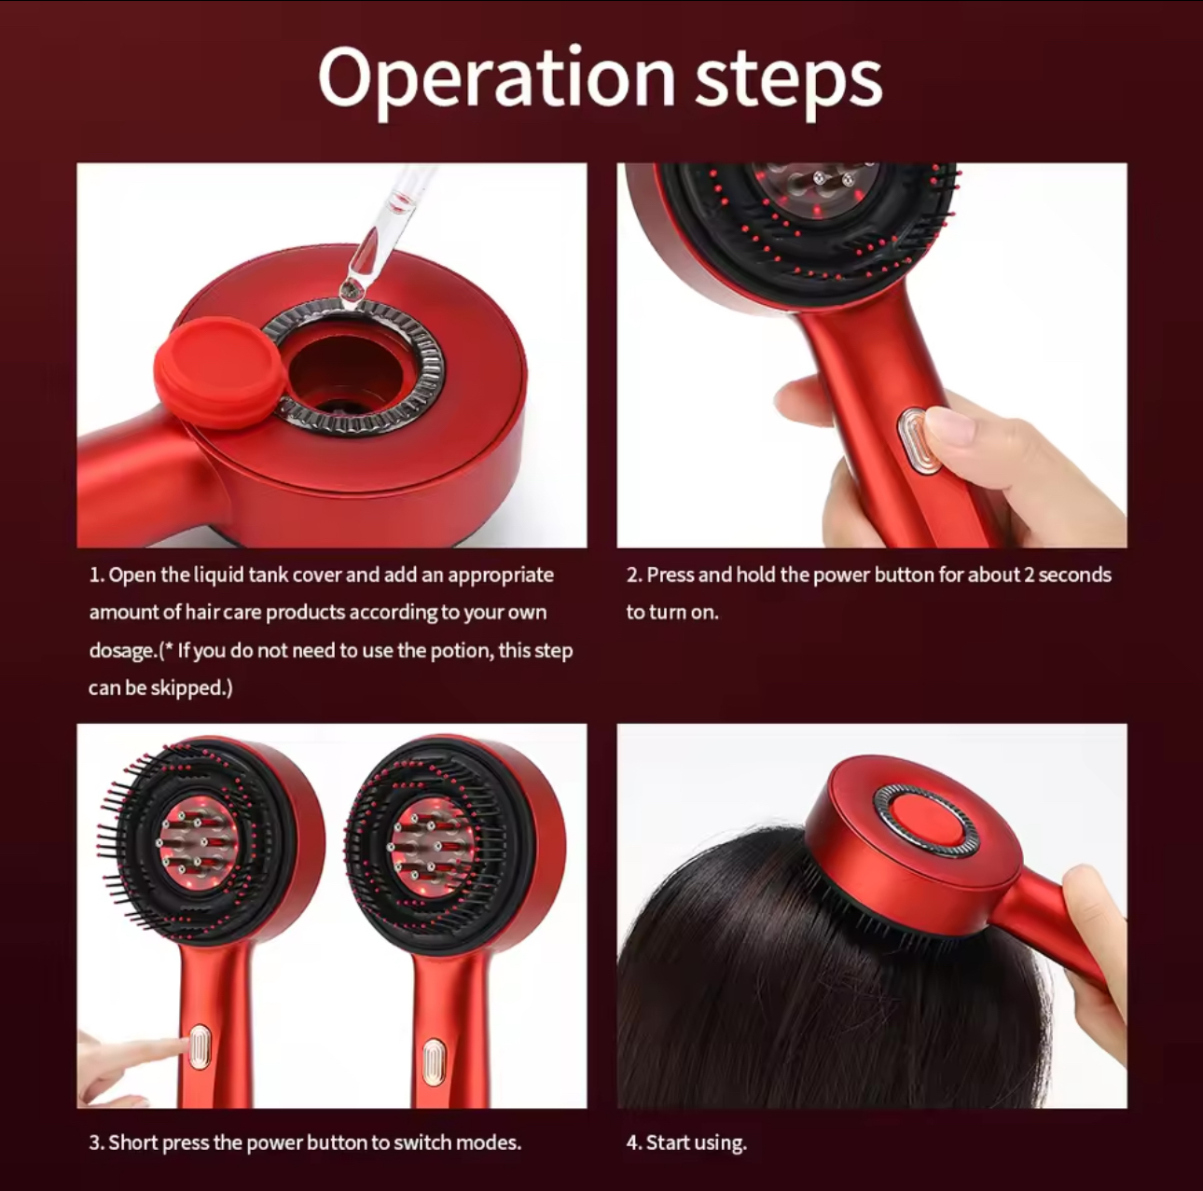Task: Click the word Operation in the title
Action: coord(495,79)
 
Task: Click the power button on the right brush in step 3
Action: coord(432,1062)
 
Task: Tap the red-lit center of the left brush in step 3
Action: coord(198,843)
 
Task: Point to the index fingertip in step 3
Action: coord(173,1046)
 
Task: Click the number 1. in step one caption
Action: coord(96,575)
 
